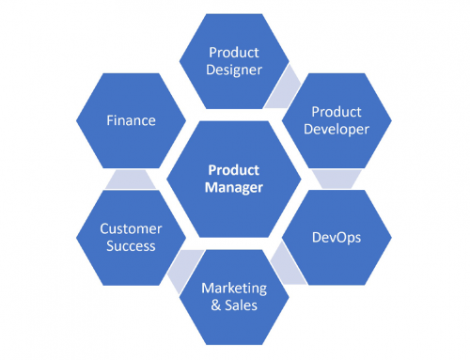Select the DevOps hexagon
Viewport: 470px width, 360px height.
pyautogui.click(x=336, y=237)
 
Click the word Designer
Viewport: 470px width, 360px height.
pyautogui.click(x=234, y=69)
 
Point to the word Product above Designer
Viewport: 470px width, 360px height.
pyautogui.click(x=234, y=52)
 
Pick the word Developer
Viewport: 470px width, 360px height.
pyautogui.click(x=336, y=129)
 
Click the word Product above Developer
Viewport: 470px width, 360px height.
pyautogui.click(x=336, y=112)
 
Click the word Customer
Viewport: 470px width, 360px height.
pyautogui.click(x=132, y=228)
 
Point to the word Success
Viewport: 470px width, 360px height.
pyautogui.click(x=132, y=246)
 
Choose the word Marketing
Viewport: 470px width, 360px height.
pyautogui.click(x=234, y=288)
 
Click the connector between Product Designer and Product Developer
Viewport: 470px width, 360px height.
pyautogui.click(x=281, y=86)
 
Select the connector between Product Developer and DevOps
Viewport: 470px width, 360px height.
pyautogui.click(x=336, y=179)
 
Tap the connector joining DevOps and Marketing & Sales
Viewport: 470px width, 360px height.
pyautogui.click(x=285, y=268)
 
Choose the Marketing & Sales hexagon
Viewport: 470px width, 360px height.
pyautogui.click(x=234, y=297)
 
